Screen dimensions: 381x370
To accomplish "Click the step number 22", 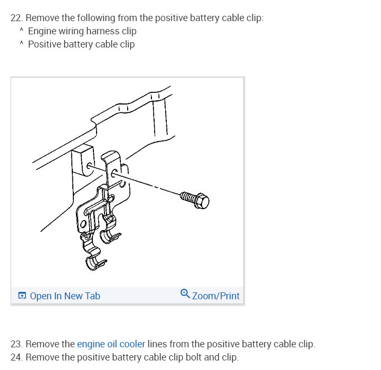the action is coord(16,18).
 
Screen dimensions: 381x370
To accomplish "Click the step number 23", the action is coord(16,344).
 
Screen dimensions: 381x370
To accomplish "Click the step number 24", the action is coord(16,357).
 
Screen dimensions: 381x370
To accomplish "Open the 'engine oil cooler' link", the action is coord(111,344).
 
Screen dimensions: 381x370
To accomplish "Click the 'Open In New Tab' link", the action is coord(65,296).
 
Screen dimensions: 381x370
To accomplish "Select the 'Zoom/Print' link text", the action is coord(216,296).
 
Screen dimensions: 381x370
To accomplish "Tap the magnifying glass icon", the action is coord(185,293).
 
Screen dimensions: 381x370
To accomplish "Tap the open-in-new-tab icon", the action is coord(22,296).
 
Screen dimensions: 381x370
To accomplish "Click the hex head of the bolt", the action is coord(202,201).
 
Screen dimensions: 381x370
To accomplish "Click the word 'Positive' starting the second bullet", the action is coord(44,44).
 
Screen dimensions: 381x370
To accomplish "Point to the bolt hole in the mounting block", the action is coord(89,166).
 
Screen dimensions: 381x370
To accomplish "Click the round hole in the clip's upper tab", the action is coord(114,173).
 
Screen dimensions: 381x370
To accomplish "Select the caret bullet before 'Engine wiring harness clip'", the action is coord(22,30).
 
